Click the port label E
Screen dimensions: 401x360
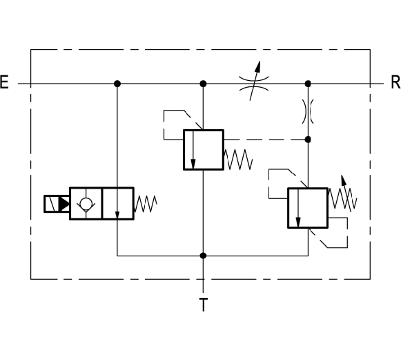click(4, 82)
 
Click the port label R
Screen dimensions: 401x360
click(395, 82)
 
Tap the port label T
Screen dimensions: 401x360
click(204, 305)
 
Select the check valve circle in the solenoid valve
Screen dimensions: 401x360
click(86, 204)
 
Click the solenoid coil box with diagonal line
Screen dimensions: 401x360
click(51, 204)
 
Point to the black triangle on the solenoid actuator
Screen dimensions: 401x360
click(64, 204)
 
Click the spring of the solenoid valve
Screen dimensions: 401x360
click(145, 204)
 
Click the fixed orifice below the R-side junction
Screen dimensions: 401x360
click(308, 111)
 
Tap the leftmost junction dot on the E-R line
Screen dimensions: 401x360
click(117, 84)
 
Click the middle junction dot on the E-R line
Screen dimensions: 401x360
click(203, 84)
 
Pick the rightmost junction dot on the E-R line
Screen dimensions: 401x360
click(308, 84)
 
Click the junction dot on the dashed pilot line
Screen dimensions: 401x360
click(308, 140)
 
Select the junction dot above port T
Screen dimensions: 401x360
click(203, 256)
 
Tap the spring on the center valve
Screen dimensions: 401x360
click(238, 160)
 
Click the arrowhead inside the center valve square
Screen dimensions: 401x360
click(193, 164)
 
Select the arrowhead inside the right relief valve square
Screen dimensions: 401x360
click(298, 222)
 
